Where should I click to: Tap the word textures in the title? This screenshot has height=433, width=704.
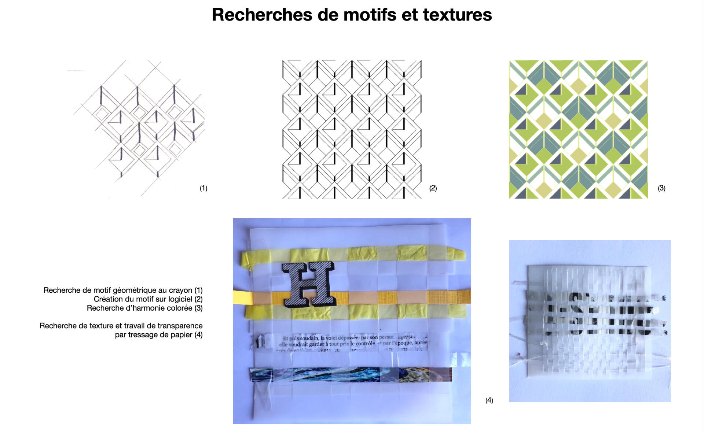click(457, 15)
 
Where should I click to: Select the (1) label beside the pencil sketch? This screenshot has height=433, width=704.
click(203, 188)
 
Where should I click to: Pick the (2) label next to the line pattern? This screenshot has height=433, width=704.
click(433, 188)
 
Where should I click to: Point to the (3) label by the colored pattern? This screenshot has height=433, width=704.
click(661, 188)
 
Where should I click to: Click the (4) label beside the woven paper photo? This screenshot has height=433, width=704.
click(489, 400)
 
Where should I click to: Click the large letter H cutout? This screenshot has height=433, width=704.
click(309, 285)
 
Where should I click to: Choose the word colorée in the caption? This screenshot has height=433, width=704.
click(177, 308)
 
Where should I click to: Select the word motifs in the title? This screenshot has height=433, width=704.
click(370, 15)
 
